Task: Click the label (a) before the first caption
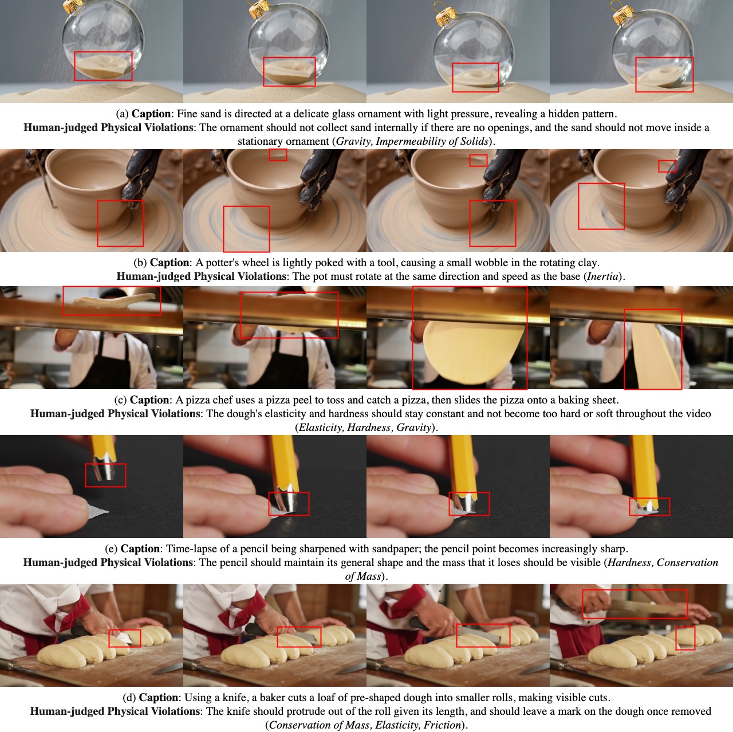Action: point(122,114)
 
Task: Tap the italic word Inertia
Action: point(602,276)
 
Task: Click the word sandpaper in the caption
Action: point(395,549)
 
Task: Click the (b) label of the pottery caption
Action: point(140,263)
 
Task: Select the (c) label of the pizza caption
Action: point(120,400)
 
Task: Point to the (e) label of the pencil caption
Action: point(111,549)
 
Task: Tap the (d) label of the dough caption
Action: point(129,698)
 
